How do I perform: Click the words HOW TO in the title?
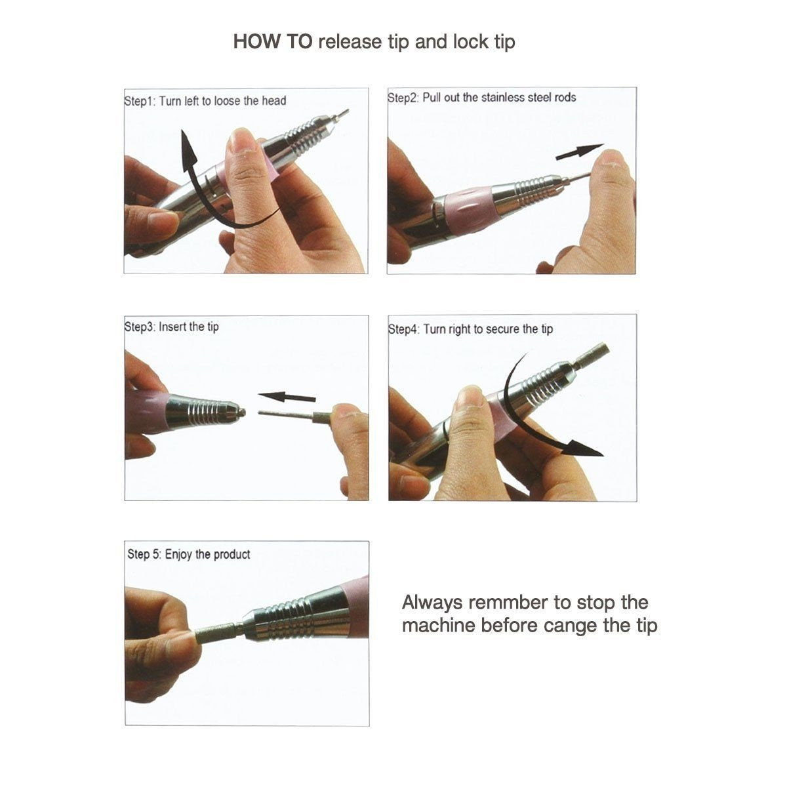click(273, 42)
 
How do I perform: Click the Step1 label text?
click(139, 101)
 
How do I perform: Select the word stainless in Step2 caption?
click(502, 98)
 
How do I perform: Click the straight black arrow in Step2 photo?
click(579, 152)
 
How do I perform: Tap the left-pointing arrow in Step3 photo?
click(287, 397)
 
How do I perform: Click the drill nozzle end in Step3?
click(241, 412)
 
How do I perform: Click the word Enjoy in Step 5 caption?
click(178, 555)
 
